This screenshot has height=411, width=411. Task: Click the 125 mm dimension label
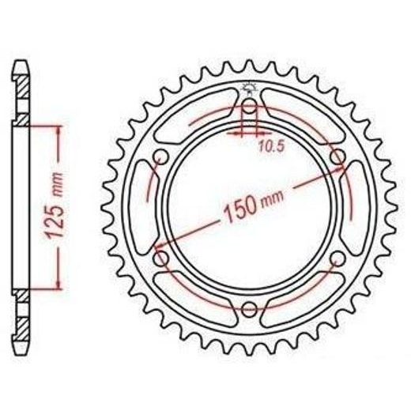point(56,205)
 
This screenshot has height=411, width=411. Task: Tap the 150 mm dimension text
point(254,205)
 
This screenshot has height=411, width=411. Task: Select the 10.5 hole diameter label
point(272,146)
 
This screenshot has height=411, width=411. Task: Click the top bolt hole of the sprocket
point(249,107)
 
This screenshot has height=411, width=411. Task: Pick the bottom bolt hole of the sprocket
point(249,308)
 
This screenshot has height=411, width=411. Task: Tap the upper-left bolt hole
point(160,157)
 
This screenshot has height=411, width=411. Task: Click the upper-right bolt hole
point(337,157)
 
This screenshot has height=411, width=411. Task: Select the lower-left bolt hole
point(160,258)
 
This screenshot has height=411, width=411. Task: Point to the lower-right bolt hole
point(337,258)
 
